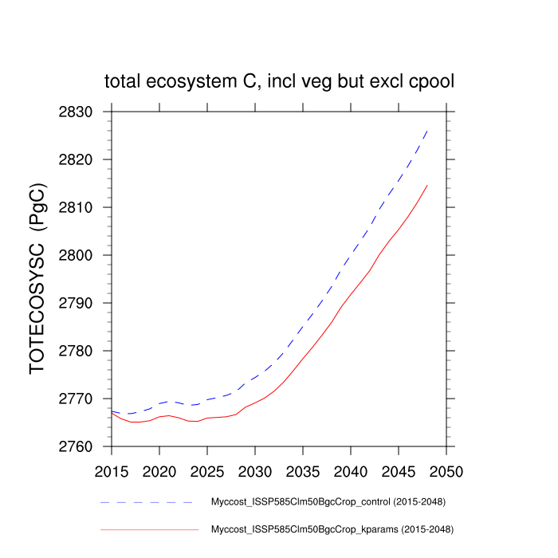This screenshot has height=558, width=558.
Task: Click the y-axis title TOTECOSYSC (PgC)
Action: tap(38, 279)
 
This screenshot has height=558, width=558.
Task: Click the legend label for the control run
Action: tap(327, 502)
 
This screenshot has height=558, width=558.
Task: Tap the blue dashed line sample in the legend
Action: tap(148, 502)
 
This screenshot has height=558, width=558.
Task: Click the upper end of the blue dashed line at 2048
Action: tap(427, 130)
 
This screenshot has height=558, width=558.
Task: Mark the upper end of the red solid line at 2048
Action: tap(427, 185)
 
